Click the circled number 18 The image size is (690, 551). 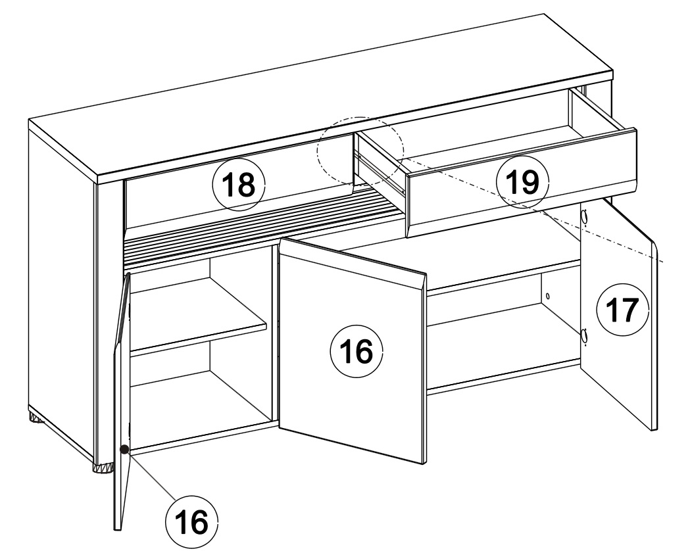(x=239, y=184)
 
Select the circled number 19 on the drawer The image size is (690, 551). (x=522, y=181)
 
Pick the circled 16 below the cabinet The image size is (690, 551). (x=192, y=522)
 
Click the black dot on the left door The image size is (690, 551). (x=124, y=449)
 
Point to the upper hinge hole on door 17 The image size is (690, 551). (x=584, y=216)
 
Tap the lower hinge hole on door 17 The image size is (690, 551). (x=584, y=336)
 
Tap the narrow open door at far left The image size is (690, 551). (x=122, y=400)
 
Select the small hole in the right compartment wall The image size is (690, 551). (x=547, y=296)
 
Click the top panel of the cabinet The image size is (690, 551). (x=321, y=97)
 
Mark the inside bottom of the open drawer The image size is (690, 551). (x=489, y=141)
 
